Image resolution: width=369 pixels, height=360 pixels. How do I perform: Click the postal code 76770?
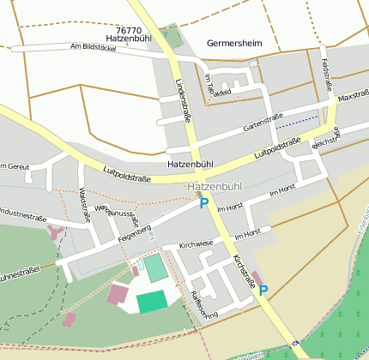pyautogui.click(x=127, y=29)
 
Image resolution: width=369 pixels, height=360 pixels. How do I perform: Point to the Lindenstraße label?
pyautogui.click(x=181, y=97)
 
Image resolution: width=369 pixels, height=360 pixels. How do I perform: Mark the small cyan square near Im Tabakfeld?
pyautogui.click(x=252, y=63)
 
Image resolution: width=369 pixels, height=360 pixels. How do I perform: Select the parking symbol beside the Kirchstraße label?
pyautogui.click(x=263, y=291)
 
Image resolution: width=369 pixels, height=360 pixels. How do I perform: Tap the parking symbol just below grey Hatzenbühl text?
pyautogui.click(x=203, y=203)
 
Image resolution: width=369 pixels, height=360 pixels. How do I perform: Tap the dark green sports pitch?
pyautogui.click(x=151, y=301)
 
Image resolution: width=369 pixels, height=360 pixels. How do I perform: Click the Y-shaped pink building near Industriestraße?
pyautogui.click(x=56, y=231)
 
